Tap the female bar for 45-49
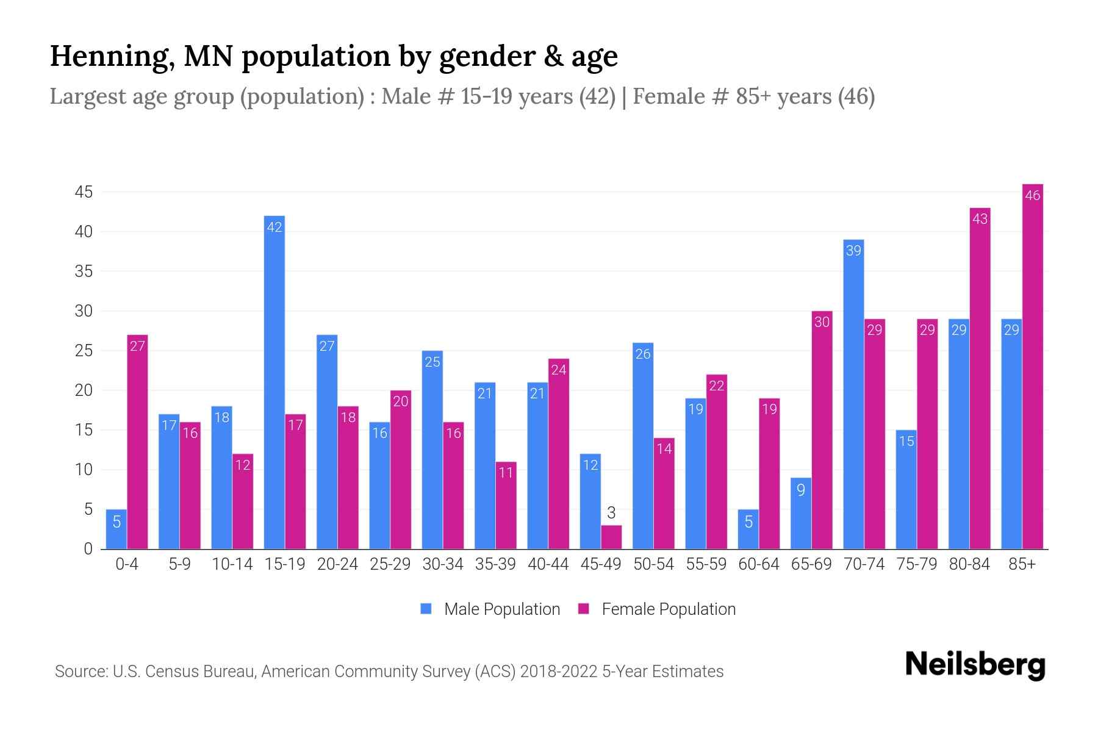(611, 537)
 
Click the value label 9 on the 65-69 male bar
(801, 490)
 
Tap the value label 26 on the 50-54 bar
(643, 354)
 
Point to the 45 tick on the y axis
(84, 193)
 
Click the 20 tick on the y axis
(84, 391)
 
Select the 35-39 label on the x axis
(495, 564)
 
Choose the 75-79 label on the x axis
(917, 564)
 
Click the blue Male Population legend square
(426, 609)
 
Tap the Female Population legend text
(669, 609)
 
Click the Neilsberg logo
(975, 665)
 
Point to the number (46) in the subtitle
(856, 96)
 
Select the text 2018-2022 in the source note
(559, 672)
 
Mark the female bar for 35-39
(506, 506)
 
